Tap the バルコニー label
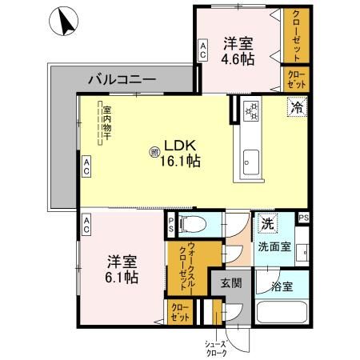coord(122,79)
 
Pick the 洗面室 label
coord(274,246)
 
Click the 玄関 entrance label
coord(231,282)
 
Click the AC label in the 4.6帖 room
coord(203,53)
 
